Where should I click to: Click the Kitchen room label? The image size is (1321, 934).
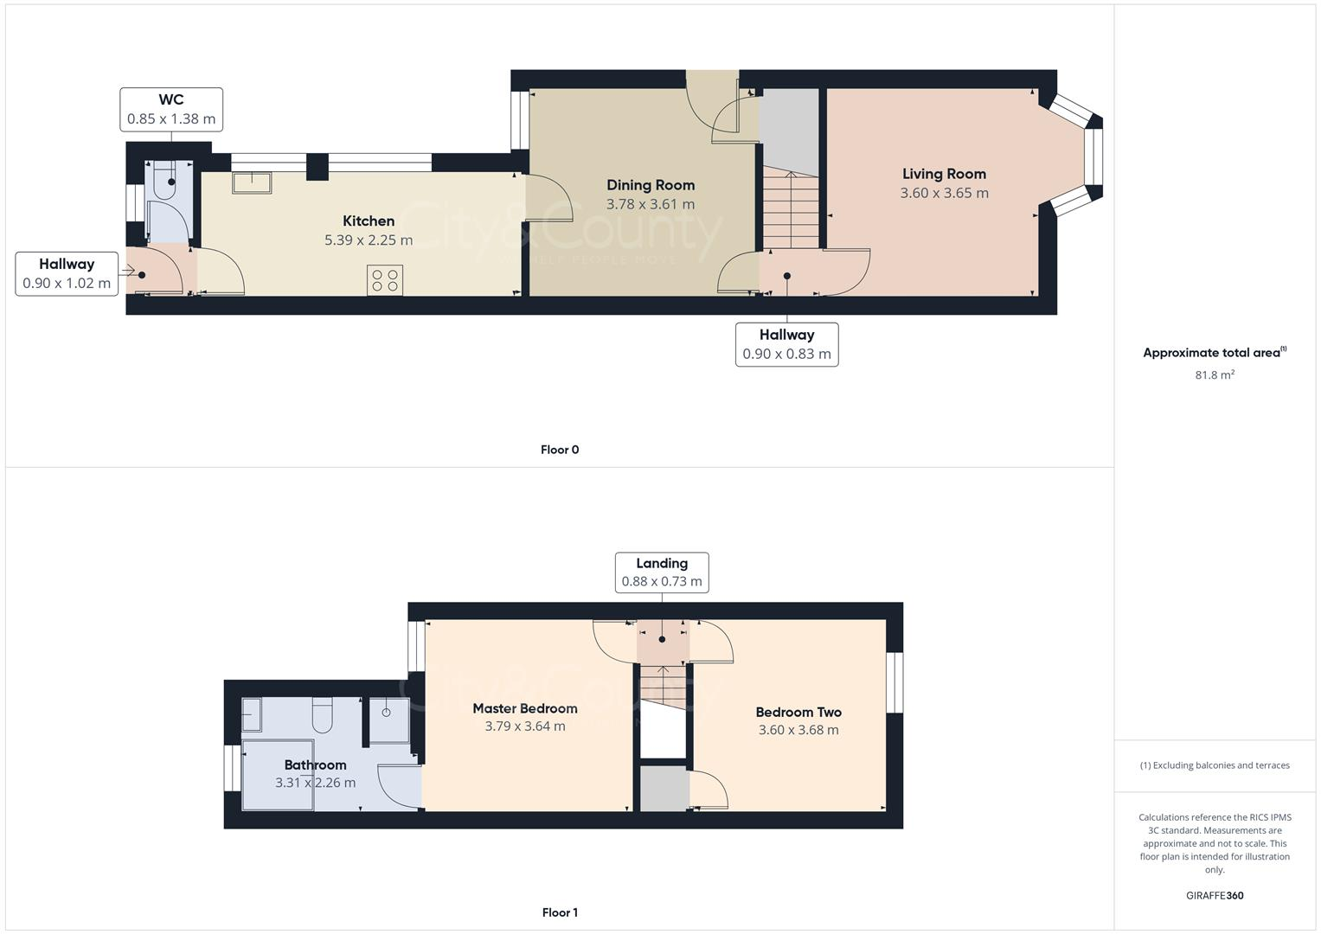369,221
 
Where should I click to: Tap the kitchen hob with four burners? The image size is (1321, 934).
384,280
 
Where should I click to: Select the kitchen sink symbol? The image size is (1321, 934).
252,182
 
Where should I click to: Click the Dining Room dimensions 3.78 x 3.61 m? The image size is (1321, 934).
650,205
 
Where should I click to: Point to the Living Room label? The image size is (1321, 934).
944,174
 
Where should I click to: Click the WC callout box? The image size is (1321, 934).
171,110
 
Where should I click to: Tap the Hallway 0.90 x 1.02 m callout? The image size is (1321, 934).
67,273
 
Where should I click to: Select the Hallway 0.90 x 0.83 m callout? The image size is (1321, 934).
786,344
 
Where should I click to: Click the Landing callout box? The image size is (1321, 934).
662,573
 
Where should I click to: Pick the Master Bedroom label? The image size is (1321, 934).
525,708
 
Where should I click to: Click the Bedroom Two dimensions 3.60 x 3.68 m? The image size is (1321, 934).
798,730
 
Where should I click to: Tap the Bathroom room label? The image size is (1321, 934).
315,764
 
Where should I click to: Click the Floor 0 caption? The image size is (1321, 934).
560,450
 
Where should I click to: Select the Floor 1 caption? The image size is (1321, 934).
560,912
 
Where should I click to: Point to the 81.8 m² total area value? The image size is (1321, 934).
1215,375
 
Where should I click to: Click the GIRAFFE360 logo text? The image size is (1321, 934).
1215,896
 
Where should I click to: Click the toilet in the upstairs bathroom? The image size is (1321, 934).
323,715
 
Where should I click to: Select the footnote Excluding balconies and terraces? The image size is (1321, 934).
1215,765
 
